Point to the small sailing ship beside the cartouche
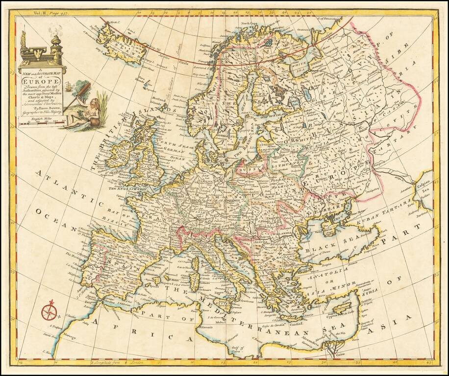75,90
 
